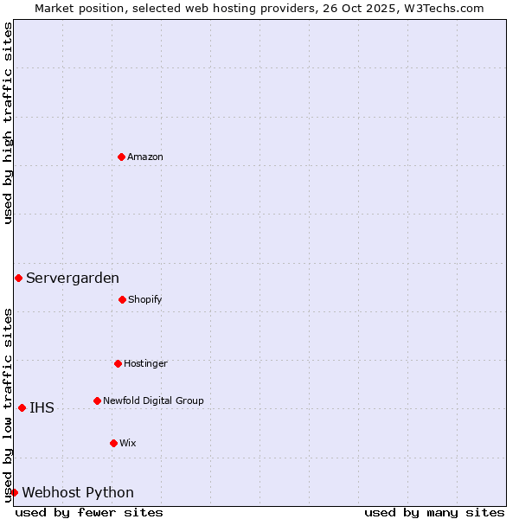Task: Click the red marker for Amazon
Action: click(121, 157)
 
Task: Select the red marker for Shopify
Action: click(122, 299)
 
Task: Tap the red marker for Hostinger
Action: click(118, 363)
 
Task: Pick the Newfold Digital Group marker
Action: click(97, 400)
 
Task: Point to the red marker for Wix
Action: click(113, 443)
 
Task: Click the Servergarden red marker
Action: click(18, 278)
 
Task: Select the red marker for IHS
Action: click(22, 407)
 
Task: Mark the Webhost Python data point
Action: click(14, 492)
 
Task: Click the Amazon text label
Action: click(145, 157)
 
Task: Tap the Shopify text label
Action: click(145, 299)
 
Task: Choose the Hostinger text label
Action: click(145, 363)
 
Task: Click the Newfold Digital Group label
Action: click(153, 400)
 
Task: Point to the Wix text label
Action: click(128, 443)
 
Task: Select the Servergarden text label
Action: click(73, 278)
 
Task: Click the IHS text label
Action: click(42, 407)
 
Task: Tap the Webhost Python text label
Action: click(78, 492)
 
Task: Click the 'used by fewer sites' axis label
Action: click(89, 512)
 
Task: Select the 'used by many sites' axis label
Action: click(434, 512)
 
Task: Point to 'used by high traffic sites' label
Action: click(8, 123)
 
